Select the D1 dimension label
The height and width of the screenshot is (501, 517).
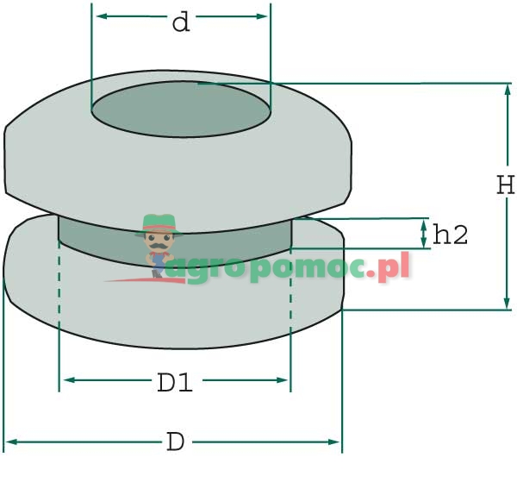[x=175, y=381]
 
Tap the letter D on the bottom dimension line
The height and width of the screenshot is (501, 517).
[x=175, y=442]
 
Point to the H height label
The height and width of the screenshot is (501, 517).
[x=506, y=185]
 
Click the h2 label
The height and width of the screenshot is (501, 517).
[x=450, y=235]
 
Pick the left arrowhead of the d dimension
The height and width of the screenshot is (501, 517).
[x=98, y=16]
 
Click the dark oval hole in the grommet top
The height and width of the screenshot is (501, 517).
[x=180, y=110]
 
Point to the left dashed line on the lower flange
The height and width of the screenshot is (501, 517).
[x=59, y=293]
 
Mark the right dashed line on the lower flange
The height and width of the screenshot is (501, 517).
[x=290, y=293]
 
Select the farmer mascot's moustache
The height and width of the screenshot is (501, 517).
[x=156, y=251]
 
